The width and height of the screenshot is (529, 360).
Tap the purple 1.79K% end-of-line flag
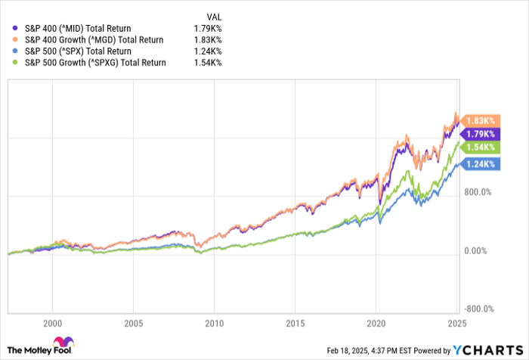pyautogui.click(x=479, y=134)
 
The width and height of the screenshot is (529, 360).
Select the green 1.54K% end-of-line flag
pyautogui.click(x=479, y=147)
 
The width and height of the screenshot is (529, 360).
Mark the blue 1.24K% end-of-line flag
pyautogui.click(x=479, y=163)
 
